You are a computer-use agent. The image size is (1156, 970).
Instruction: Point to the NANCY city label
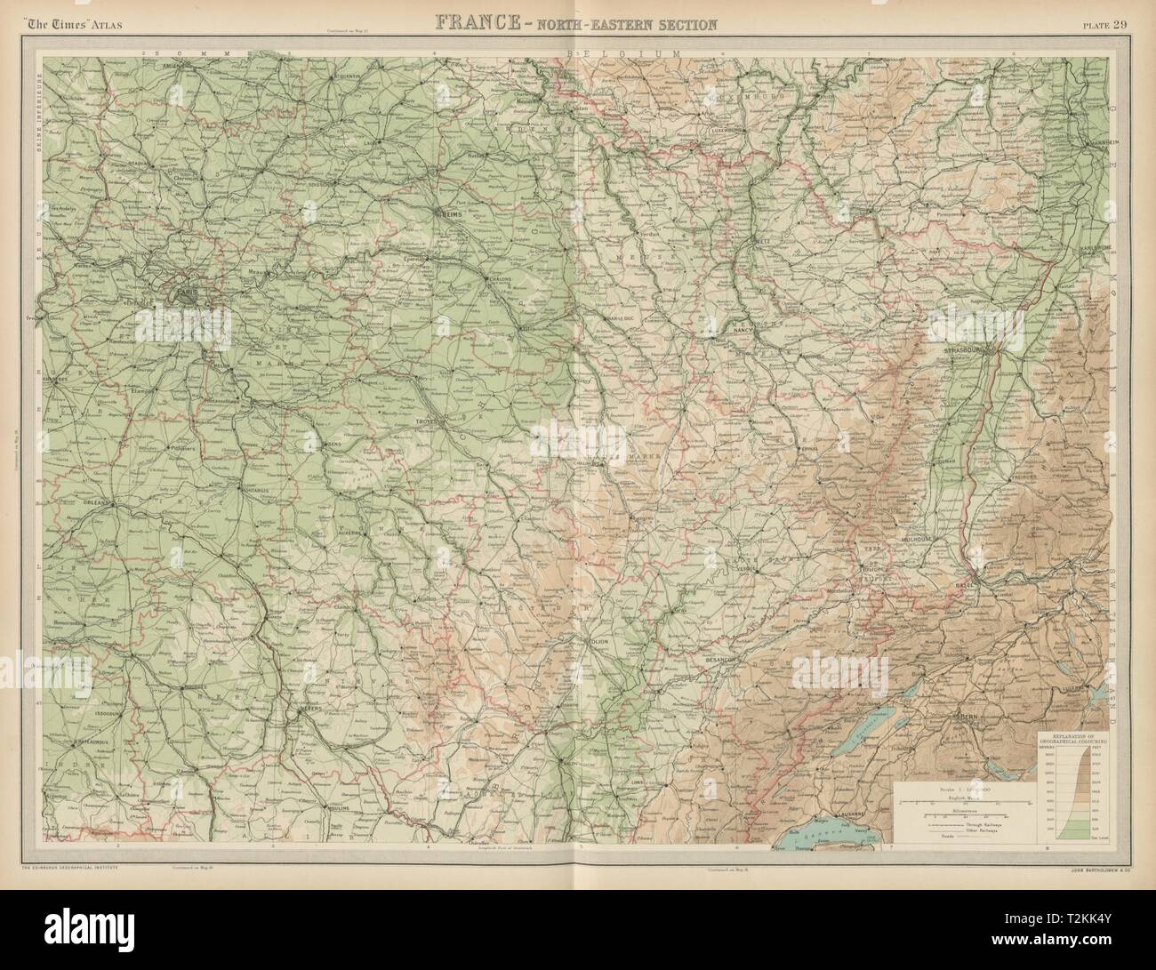(743, 330)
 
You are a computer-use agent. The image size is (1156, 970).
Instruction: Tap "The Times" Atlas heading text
(75, 24)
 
